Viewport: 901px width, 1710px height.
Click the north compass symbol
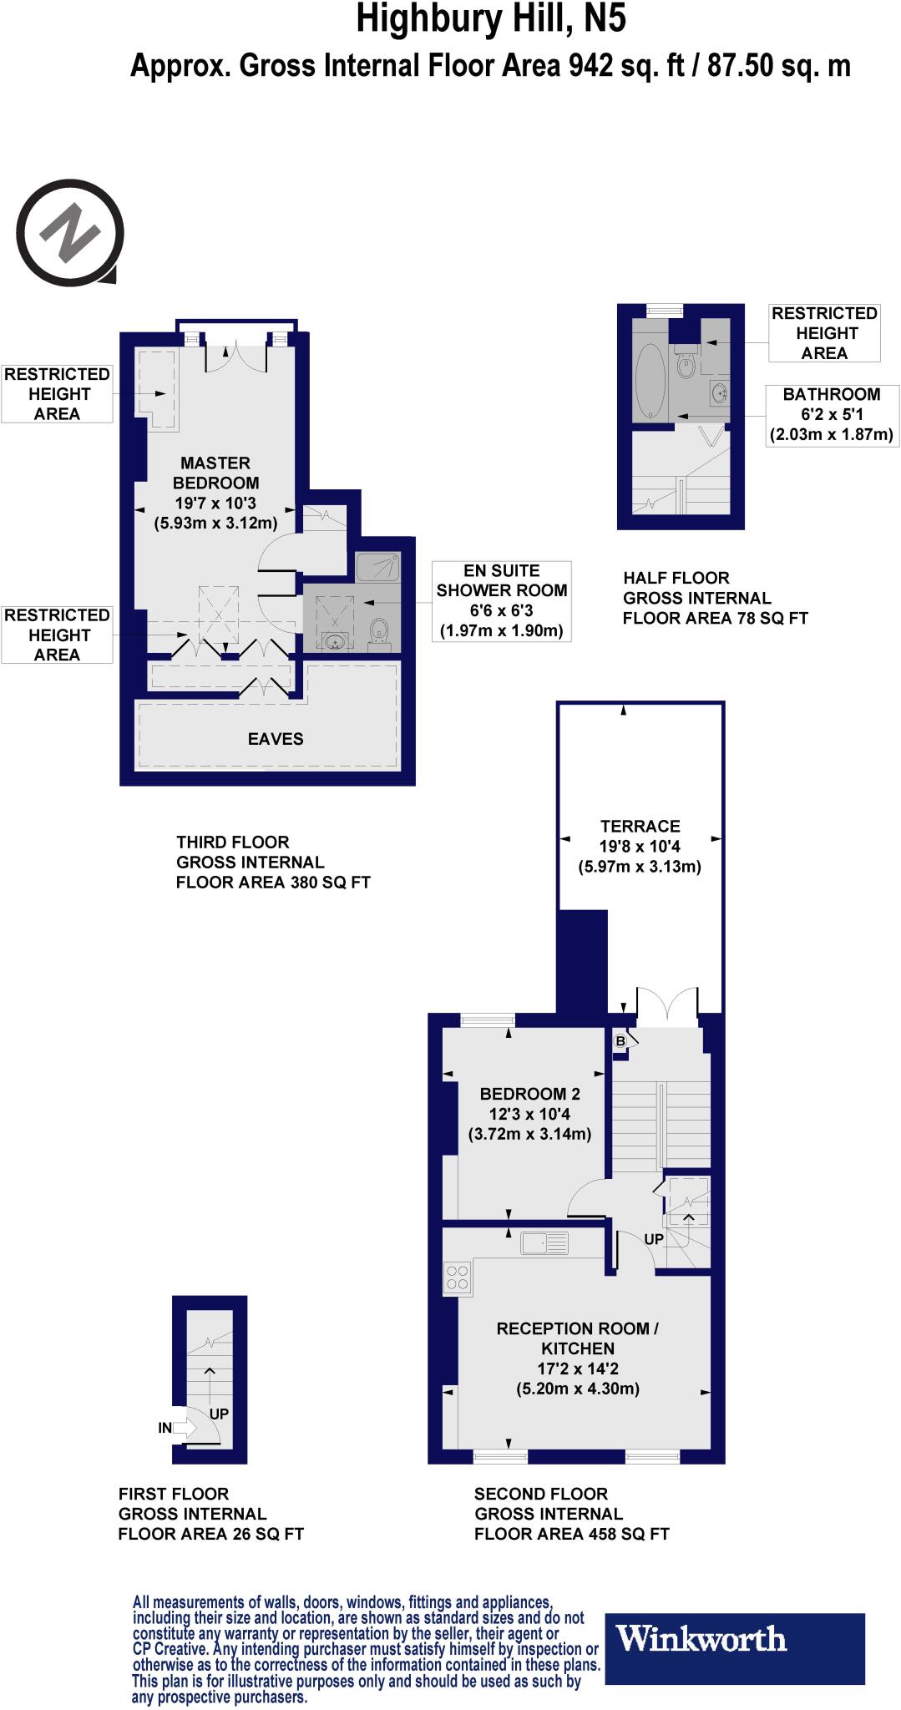click(71, 232)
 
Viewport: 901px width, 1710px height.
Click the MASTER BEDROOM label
click(215, 473)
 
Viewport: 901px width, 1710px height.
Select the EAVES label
click(276, 739)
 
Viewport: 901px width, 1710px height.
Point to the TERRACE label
click(640, 827)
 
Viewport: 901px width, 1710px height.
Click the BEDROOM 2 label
click(529, 1094)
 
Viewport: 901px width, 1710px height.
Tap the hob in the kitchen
click(457, 1277)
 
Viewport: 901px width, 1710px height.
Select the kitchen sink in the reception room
click(544, 1243)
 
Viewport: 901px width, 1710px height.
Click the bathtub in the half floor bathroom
click(650, 380)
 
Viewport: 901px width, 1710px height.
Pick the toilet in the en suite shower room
click(378, 631)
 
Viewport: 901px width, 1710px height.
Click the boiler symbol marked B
click(620, 1041)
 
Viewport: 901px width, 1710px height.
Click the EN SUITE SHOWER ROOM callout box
click(501, 600)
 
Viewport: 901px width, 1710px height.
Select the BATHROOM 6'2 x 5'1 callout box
click(831, 415)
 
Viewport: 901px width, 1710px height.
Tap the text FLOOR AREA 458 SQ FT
click(571, 1534)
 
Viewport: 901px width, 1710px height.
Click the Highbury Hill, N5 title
click(490, 18)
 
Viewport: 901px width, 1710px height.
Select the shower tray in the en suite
click(377, 568)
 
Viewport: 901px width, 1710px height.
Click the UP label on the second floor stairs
click(654, 1239)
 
